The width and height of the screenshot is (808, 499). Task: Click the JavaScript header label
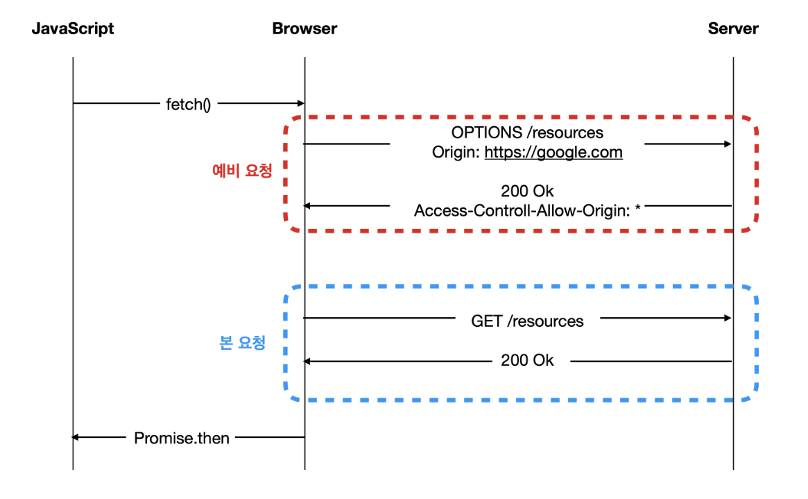click(73, 29)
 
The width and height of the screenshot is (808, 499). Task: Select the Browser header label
click(304, 28)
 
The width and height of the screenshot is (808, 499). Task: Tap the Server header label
click(733, 28)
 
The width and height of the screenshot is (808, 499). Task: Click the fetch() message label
click(188, 105)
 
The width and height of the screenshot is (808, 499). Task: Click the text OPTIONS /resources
click(527, 133)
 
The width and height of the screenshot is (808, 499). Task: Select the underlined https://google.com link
click(553, 153)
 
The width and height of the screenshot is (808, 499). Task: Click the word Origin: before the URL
click(456, 153)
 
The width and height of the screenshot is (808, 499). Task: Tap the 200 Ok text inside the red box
click(527, 192)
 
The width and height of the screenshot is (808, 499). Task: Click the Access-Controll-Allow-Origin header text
click(522, 211)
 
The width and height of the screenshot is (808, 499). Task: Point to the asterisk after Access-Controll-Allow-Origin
click(637, 208)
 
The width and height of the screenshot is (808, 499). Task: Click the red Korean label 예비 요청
click(242, 171)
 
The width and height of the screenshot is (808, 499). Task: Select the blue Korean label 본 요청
click(242, 342)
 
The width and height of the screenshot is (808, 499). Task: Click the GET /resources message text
click(527, 321)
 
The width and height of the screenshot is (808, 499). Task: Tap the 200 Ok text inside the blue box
click(527, 360)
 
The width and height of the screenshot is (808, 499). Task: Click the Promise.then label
click(182, 438)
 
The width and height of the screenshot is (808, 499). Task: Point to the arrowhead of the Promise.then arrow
click(75, 438)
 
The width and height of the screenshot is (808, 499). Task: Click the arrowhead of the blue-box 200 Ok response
click(307, 362)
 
